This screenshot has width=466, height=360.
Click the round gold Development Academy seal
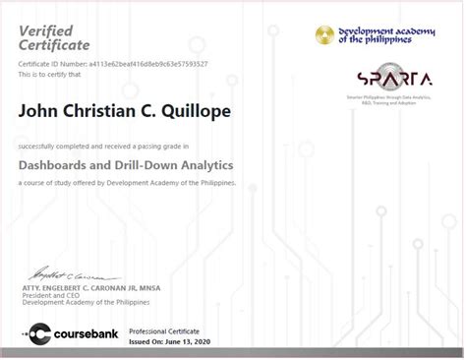click(x=324, y=35)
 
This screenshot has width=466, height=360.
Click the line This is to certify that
click(x=48, y=73)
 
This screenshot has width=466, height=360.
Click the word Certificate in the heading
click(x=54, y=45)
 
